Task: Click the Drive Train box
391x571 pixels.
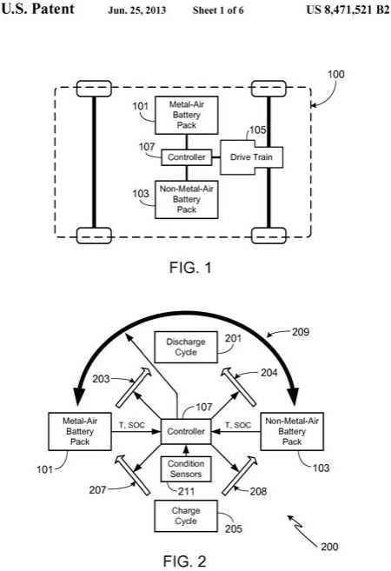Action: pos(251,157)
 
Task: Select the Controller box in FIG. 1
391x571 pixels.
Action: pos(187,157)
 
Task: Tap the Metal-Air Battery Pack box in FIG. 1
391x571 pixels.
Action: pos(187,115)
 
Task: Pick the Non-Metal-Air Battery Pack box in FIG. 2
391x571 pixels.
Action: pos(292,432)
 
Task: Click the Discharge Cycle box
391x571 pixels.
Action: pos(186,347)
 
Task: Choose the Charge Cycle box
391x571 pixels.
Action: pos(186,516)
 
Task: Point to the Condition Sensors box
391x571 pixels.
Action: pos(186,469)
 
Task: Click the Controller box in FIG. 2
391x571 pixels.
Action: pos(186,432)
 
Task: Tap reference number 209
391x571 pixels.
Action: pos(301,332)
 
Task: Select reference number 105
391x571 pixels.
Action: pos(257,130)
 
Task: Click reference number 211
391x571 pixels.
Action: pos(187,491)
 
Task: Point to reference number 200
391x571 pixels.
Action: pos(329,547)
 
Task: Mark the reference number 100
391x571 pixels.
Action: pos(335,74)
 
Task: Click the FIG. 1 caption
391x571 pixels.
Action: pos(190,268)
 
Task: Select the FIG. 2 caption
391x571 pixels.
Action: pos(184,561)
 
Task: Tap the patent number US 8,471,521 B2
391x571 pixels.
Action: pos(348,10)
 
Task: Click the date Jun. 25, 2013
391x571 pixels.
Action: pos(137,10)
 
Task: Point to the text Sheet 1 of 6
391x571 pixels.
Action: pos(218,10)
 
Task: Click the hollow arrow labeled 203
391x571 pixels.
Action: pos(133,387)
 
